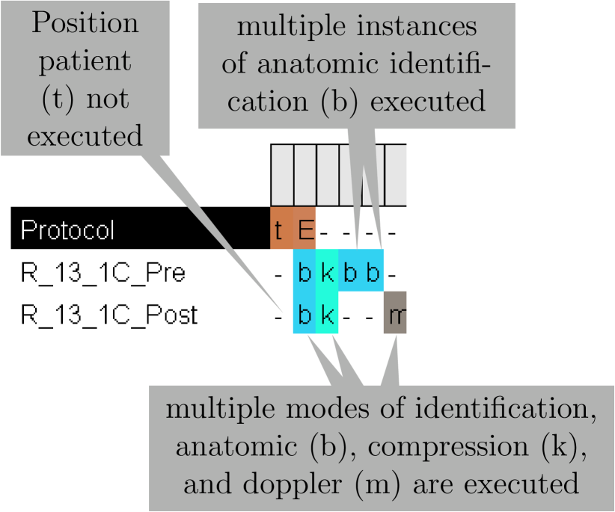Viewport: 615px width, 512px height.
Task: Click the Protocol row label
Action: pyautogui.click(x=67, y=230)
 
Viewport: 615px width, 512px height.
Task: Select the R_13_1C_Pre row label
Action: pyautogui.click(x=92, y=273)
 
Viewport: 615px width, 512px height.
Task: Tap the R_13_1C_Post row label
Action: pyautogui.click(x=109, y=315)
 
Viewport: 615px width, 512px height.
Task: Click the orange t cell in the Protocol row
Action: pyautogui.click(x=280, y=230)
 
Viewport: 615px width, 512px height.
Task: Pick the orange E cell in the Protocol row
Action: pyautogui.click(x=305, y=230)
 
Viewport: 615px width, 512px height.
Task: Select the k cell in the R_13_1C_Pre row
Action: pyautogui.click(x=328, y=273)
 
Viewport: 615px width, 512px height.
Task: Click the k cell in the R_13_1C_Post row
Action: pyautogui.click(x=328, y=315)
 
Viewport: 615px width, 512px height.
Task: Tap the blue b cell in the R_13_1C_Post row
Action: pyautogui.click(x=305, y=315)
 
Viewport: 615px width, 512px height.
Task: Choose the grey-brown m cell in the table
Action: pyautogui.click(x=395, y=315)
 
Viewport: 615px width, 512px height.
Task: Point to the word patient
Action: pyautogui.click(x=85, y=61)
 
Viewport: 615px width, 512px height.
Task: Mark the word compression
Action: pyautogui.click(x=435, y=447)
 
